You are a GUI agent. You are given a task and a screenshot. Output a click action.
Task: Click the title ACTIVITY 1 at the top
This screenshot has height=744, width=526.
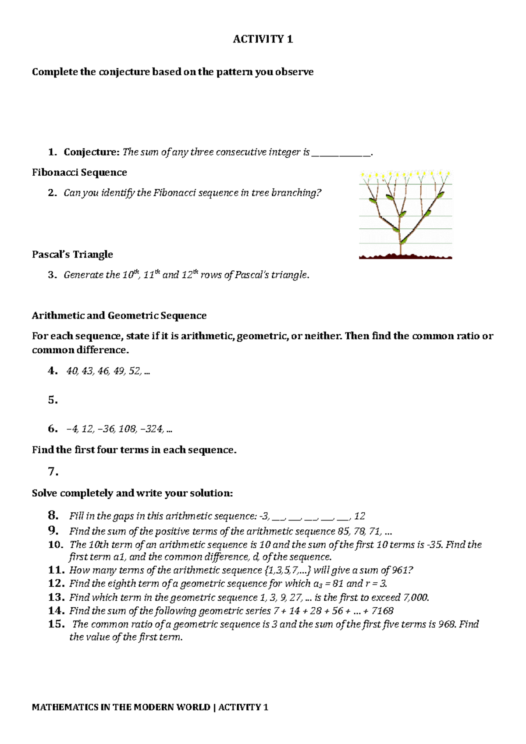[x=263, y=39]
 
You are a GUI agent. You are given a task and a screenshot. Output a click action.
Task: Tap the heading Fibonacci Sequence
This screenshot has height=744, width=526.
[x=79, y=173]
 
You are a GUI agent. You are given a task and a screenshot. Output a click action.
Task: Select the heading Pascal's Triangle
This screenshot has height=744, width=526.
[x=72, y=255]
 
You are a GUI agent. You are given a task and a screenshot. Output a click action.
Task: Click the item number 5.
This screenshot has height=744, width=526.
[x=53, y=400]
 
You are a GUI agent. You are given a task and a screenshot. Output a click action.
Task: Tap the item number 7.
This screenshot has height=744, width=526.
[x=53, y=472]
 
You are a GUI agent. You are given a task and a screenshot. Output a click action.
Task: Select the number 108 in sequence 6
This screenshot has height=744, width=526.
[x=127, y=429]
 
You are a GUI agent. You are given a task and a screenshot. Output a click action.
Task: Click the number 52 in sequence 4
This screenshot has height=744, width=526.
[x=135, y=371]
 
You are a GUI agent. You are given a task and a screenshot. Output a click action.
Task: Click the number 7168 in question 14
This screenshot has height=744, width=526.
[x=382, y=611]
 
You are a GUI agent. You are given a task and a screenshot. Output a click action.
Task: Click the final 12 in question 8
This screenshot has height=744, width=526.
[x=359, y=516]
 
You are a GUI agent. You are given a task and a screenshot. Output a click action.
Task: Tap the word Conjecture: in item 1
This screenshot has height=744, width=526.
[x=92, y=152]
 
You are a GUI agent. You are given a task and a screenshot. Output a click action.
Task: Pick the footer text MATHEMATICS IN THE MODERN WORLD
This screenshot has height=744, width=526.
[x=121, y=707]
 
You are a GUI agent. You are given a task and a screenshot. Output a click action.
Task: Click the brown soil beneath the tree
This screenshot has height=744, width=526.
[x=405, y=256]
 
